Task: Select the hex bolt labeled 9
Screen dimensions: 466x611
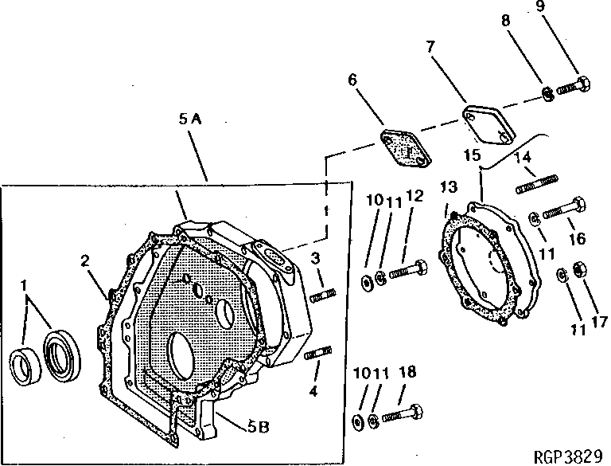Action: click(573, 84)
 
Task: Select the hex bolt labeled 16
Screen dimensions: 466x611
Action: click(566, 209)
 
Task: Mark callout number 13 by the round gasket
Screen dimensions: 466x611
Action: click(449, 186)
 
